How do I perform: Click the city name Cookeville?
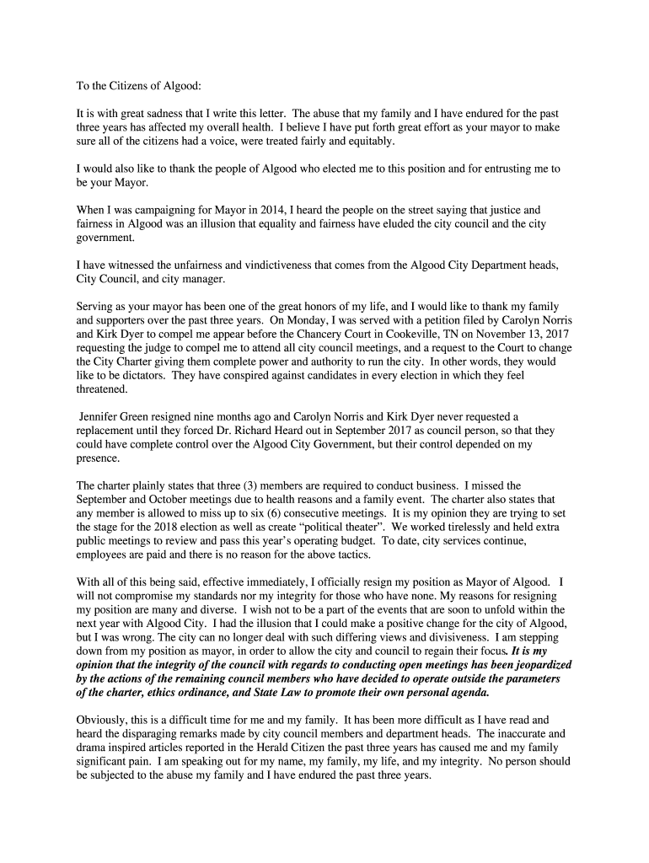tap(429, 335)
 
